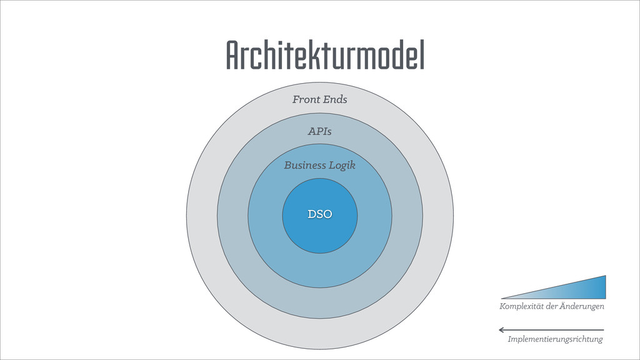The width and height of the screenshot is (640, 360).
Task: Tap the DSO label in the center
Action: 319,214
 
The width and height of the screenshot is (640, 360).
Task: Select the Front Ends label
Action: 319,99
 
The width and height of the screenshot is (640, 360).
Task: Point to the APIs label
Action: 319,131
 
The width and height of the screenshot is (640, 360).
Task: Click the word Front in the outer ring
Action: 306,99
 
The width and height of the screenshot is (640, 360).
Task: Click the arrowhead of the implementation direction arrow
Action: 501,329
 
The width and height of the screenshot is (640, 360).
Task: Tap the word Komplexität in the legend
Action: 522,306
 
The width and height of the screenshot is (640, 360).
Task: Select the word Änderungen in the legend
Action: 582,306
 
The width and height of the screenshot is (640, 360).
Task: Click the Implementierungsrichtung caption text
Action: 556,339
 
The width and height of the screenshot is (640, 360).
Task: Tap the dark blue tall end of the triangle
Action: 600,287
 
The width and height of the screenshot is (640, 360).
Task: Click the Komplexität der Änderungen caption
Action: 552,306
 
